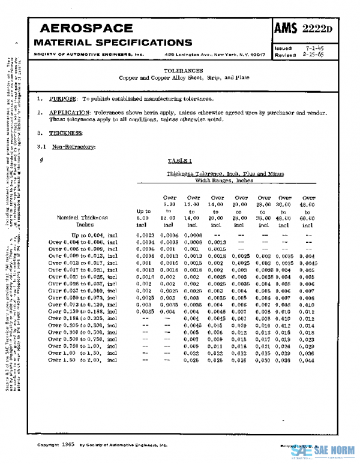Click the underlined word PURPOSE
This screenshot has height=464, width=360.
63,98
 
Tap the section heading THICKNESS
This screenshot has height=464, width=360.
66,133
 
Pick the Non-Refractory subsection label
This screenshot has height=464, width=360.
73,146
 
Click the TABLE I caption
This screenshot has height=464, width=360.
179,161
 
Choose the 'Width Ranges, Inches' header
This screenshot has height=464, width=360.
225,180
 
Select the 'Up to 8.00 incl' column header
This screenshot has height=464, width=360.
144,219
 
